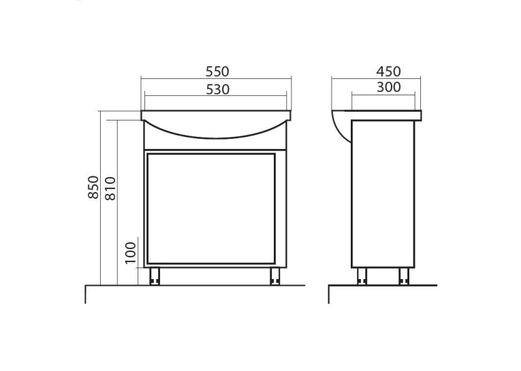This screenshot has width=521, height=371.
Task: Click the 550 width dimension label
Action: [217, 71]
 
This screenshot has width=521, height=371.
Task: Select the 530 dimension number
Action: [218, 90]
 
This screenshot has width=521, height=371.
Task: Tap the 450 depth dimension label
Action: [388, 71]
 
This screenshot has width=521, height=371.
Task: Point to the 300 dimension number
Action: [388, 87]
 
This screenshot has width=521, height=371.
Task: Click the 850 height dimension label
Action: [94, 187]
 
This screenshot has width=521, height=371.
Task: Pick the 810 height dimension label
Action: [110, 189]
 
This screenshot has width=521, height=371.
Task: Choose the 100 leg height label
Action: [131, 253]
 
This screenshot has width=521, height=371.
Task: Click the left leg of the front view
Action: [155, 276]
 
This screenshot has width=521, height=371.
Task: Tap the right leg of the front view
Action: [274, 276]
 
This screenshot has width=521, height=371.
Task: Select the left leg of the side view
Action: [362, 276]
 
